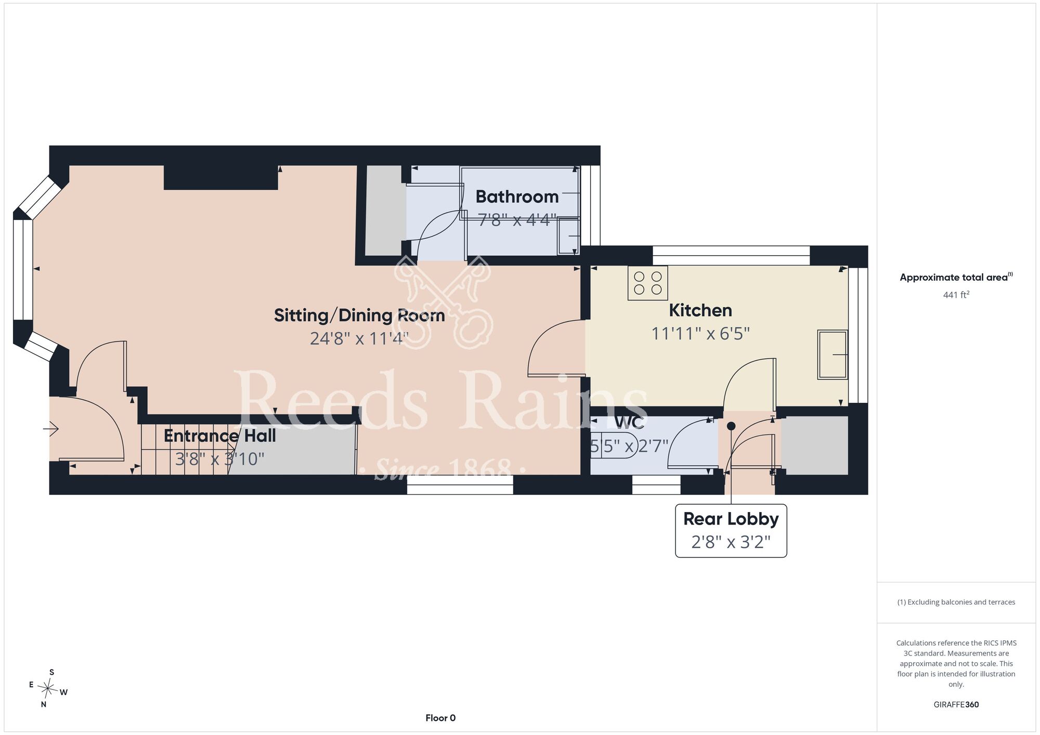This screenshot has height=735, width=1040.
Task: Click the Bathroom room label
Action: (x=517, y=196)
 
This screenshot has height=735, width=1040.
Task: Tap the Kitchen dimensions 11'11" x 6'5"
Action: (x=700, y=333)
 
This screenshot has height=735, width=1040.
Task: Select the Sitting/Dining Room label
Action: (x=359, y=316)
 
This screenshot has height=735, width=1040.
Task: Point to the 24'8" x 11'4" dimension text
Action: (x=359, y=338)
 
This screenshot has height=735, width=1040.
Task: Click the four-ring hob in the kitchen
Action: (x=648, y=283)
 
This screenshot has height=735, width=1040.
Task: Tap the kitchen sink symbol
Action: (x=833, y=355)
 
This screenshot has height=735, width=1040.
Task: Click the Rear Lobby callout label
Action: (x=731, y=519)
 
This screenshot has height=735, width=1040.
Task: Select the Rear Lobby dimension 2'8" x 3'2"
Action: (x=731, y=542)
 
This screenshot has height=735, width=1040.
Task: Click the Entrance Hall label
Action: (x=219, y=436)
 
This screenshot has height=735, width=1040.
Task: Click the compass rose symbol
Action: (x=48, y=689)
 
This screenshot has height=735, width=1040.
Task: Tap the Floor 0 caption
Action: (x=440, y=718)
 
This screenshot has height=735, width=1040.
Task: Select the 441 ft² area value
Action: (x=956, y=295)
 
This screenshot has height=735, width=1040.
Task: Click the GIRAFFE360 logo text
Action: (x=956, y=705)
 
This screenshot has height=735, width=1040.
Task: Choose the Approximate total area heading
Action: (x=956, y=277)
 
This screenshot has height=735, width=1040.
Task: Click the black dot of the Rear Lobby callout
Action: (x=731, y=426)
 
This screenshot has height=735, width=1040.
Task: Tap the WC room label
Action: (x=629, y=422)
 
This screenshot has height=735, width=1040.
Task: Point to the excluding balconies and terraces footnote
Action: (x=956, y=602)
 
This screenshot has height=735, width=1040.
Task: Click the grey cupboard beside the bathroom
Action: (x=385, y=211)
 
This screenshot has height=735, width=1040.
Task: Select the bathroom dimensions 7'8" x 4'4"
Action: (x=517, y=220)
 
